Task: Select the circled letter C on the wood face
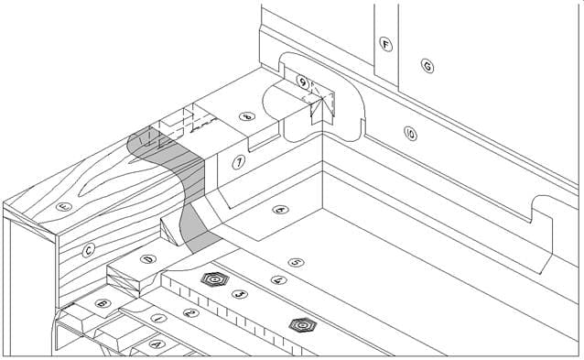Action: click(89, 248)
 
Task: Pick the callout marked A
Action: click(156, 344)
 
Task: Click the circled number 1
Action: click(159, 318)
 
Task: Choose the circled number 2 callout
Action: click(189, 312)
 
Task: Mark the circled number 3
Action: click(240, 295)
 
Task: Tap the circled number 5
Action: click(294, 262)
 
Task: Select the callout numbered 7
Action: click(239, 161)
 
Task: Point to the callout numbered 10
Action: click(409, 134)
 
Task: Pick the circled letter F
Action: click(385, 43)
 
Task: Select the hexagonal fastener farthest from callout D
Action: click(298, 323)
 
